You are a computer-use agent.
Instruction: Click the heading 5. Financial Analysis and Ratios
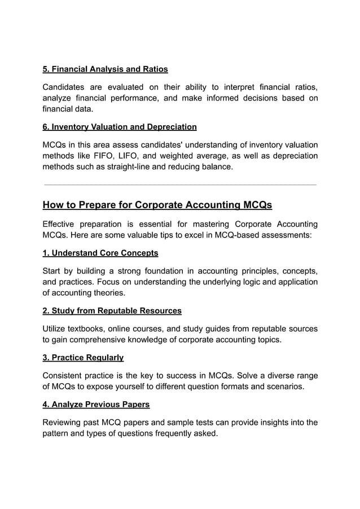[x=106, y=69]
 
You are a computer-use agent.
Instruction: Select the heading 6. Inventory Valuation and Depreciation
[x=120, y=127]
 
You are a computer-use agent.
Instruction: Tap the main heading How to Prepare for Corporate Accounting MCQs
[x=157, y=204]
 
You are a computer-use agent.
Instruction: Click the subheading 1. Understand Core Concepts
[x=100, y=253]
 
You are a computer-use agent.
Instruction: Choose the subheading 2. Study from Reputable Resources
[x=112, y=311]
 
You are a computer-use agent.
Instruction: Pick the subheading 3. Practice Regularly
[x=83, y=358]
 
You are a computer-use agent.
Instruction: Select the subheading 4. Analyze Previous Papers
[x=96, y=405]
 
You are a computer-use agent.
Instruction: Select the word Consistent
[x=65, y=376]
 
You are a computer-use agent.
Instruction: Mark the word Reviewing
[x=64, y=423]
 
